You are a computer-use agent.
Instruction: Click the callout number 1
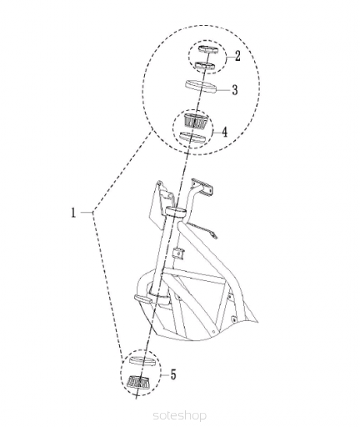[73, 213]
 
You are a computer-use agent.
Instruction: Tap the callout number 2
[237, 56]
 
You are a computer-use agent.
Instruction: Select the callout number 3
[235, 90]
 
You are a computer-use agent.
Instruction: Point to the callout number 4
[224, 132]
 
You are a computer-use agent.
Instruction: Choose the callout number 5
[173, 374]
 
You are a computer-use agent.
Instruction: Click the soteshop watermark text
[180, 416]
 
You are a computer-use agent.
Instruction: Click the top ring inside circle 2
[207, 48]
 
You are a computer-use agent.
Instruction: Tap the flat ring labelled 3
[201, 86]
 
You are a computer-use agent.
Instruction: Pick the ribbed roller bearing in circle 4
[196, 121]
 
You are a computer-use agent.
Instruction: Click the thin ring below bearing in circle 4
[192, 138]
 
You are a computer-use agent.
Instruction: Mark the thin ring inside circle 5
[142, 361]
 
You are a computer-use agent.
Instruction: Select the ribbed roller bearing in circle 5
[138, 382]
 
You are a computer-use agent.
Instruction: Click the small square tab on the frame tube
[178, 254]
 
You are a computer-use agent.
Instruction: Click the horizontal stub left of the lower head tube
[142, 299]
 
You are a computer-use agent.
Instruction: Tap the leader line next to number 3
[223, 90]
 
